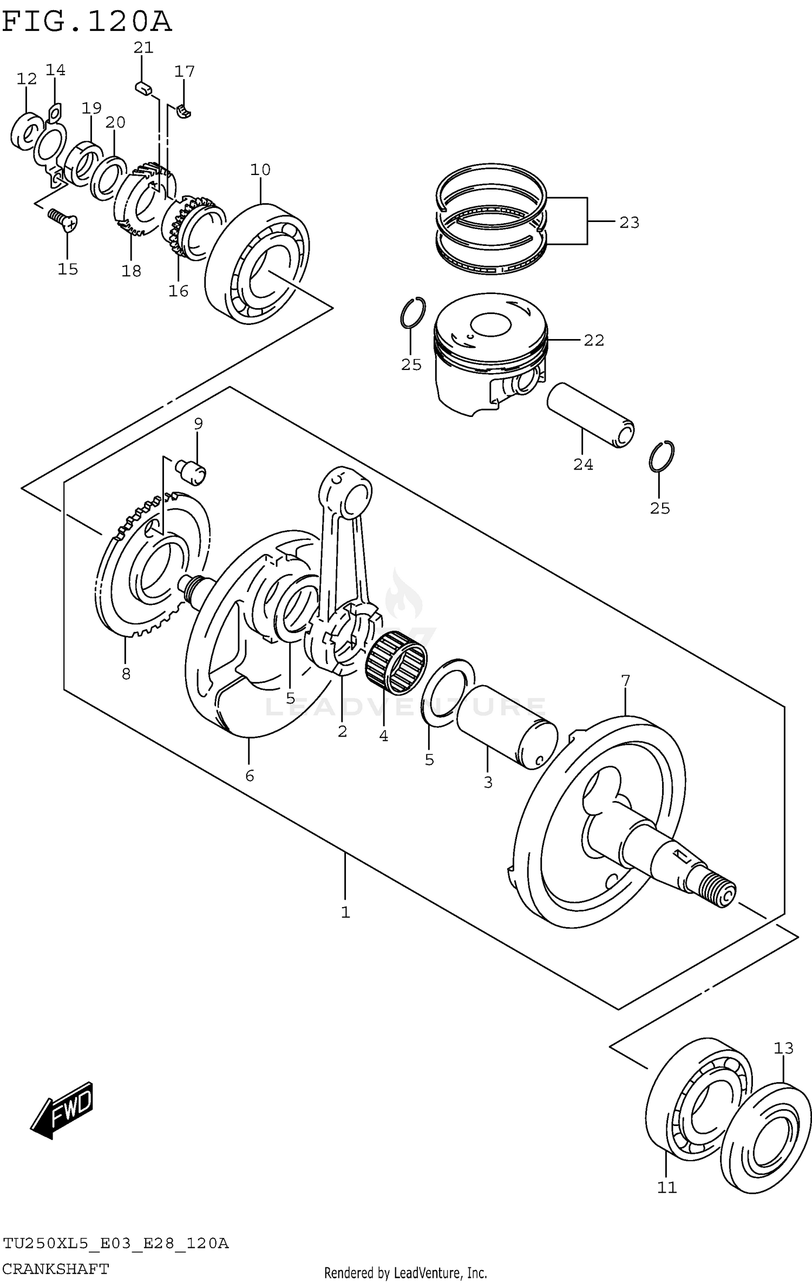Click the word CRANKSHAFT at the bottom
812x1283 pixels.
coord(55,1268)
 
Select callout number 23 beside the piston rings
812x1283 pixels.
coord(629,223)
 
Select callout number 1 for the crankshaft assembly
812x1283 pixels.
coord(345,913)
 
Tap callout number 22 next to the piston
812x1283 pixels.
coord(594,340)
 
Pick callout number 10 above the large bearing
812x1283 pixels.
coord(260,170)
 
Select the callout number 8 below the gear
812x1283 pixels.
coord(126,674)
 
